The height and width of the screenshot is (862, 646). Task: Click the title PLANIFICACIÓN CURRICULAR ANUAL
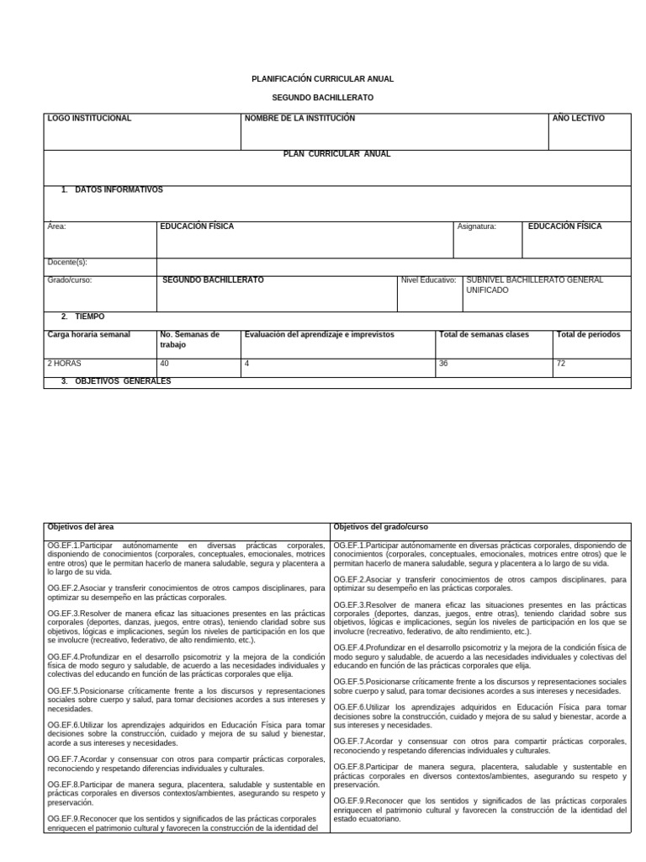tap(322, 78)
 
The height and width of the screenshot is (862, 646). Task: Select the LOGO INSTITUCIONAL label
tap(90, 119)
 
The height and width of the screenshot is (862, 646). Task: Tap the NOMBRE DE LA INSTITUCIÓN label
tap(299, 119)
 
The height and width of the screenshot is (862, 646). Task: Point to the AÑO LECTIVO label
tap(578, 119)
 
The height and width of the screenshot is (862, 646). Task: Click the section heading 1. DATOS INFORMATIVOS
tap(112, 190)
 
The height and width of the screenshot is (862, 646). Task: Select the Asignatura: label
tap(476, 226)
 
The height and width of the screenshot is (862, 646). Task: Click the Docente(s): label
tap(67, 262)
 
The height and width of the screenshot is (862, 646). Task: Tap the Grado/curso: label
tap(70, 279)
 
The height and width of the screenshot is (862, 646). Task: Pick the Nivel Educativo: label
tap(428, 279)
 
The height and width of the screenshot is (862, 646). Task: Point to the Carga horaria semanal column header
tap(89, 335)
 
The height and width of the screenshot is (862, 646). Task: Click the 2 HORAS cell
tap(64, 364)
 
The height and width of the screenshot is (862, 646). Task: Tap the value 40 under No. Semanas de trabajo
tap(165, 364)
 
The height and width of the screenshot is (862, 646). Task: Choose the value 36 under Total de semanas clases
tap(443, 364)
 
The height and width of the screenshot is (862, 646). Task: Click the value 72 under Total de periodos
tap(561, 364)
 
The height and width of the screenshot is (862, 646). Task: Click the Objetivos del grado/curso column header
tap(380, 526)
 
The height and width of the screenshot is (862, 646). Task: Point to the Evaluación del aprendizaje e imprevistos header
tap(319, 335)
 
